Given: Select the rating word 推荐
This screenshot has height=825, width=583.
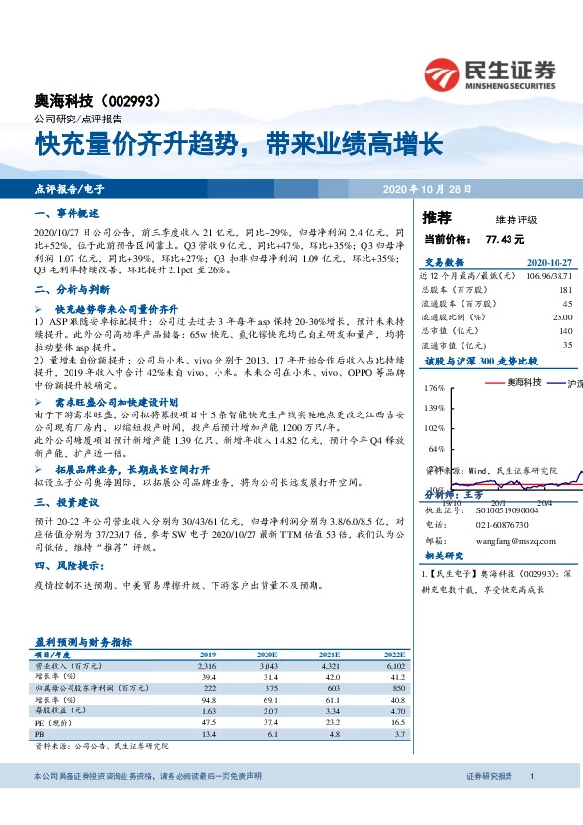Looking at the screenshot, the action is [437, 217].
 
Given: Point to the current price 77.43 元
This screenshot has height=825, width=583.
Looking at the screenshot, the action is [505, 239].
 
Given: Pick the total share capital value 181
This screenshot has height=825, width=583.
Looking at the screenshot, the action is [565, 290].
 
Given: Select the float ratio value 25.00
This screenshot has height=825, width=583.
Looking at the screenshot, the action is [561, 317].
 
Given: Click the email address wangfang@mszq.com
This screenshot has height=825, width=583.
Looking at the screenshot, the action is [510, 539].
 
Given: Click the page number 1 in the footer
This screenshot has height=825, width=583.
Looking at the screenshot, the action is [530, 803].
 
